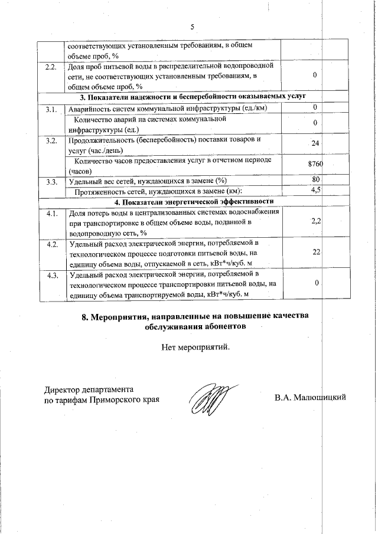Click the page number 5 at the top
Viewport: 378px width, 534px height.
coord(193,27)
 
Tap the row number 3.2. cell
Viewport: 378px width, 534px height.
coord(51,140)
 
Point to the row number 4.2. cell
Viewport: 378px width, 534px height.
coord(51,243)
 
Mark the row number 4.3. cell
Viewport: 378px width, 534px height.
coord(51,274)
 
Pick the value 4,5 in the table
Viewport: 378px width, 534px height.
coord(315,190)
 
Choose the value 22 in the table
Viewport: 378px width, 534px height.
coord(316,252)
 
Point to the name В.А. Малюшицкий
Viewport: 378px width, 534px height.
coord(309,398)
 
